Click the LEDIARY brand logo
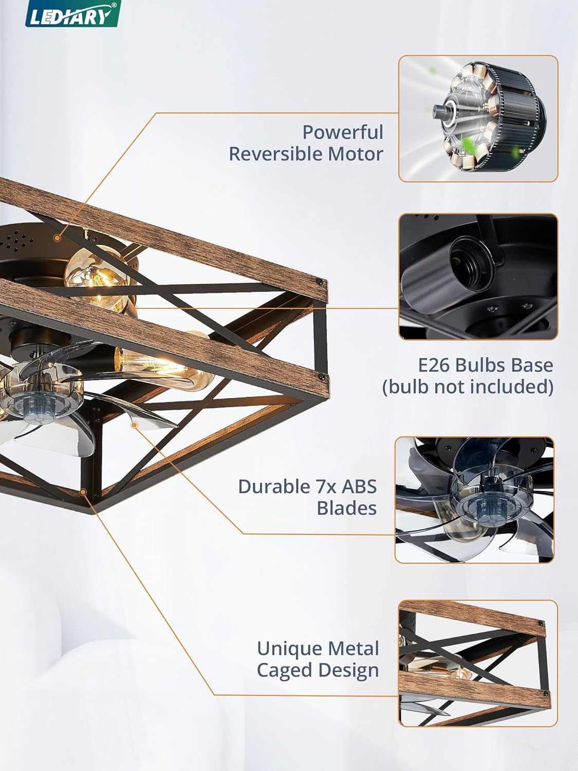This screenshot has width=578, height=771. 73,14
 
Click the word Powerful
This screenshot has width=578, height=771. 343,133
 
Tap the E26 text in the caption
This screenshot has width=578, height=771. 435,365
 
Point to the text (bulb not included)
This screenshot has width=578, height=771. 468,387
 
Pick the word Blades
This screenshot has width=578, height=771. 347,508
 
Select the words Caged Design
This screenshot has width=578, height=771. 318,670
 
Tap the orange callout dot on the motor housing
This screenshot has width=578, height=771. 57,238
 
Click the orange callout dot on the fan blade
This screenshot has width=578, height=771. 134,425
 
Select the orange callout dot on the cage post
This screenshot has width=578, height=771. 83,492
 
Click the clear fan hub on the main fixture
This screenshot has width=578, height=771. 42,401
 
